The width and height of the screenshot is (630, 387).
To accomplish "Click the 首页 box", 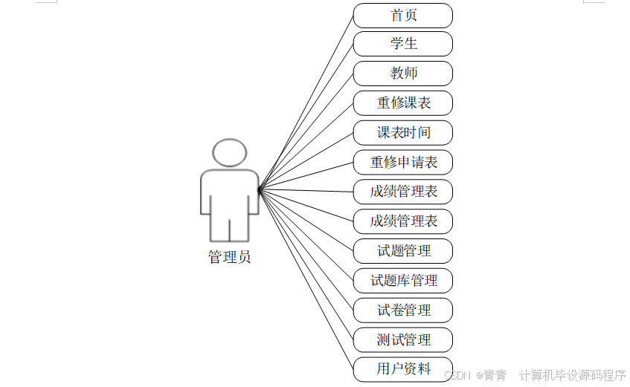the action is coord(402,15).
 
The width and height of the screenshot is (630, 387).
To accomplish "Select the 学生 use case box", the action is coord(402,44).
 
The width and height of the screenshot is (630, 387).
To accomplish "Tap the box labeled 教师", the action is coord(402,74).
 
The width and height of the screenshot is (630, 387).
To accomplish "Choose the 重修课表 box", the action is coord(402,103).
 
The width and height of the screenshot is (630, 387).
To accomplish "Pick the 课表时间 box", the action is coord(402,133).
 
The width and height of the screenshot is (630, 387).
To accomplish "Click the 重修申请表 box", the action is coord(402,162).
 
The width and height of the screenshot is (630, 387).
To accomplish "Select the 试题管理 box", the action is coord(402,250).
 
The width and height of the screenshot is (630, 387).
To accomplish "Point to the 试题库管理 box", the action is coord(402,280).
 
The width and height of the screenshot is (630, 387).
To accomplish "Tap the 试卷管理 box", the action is coord(402,310).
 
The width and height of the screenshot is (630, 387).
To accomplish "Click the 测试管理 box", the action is coord(402,339).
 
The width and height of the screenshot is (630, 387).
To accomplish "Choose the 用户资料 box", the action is coord(402,368).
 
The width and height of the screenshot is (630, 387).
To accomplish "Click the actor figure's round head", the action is coord(229,152).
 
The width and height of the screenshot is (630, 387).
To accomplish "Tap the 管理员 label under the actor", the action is coord(229,258).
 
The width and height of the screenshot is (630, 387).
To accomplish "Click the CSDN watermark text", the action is coord(458,375).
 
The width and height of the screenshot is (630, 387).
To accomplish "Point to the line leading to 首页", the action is coord(306,103).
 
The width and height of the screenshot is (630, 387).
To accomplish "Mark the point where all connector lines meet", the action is coord(259,190).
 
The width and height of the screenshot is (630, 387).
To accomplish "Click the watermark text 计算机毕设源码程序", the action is coord(572,375).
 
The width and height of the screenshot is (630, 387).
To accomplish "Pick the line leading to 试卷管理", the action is coord(306,250).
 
